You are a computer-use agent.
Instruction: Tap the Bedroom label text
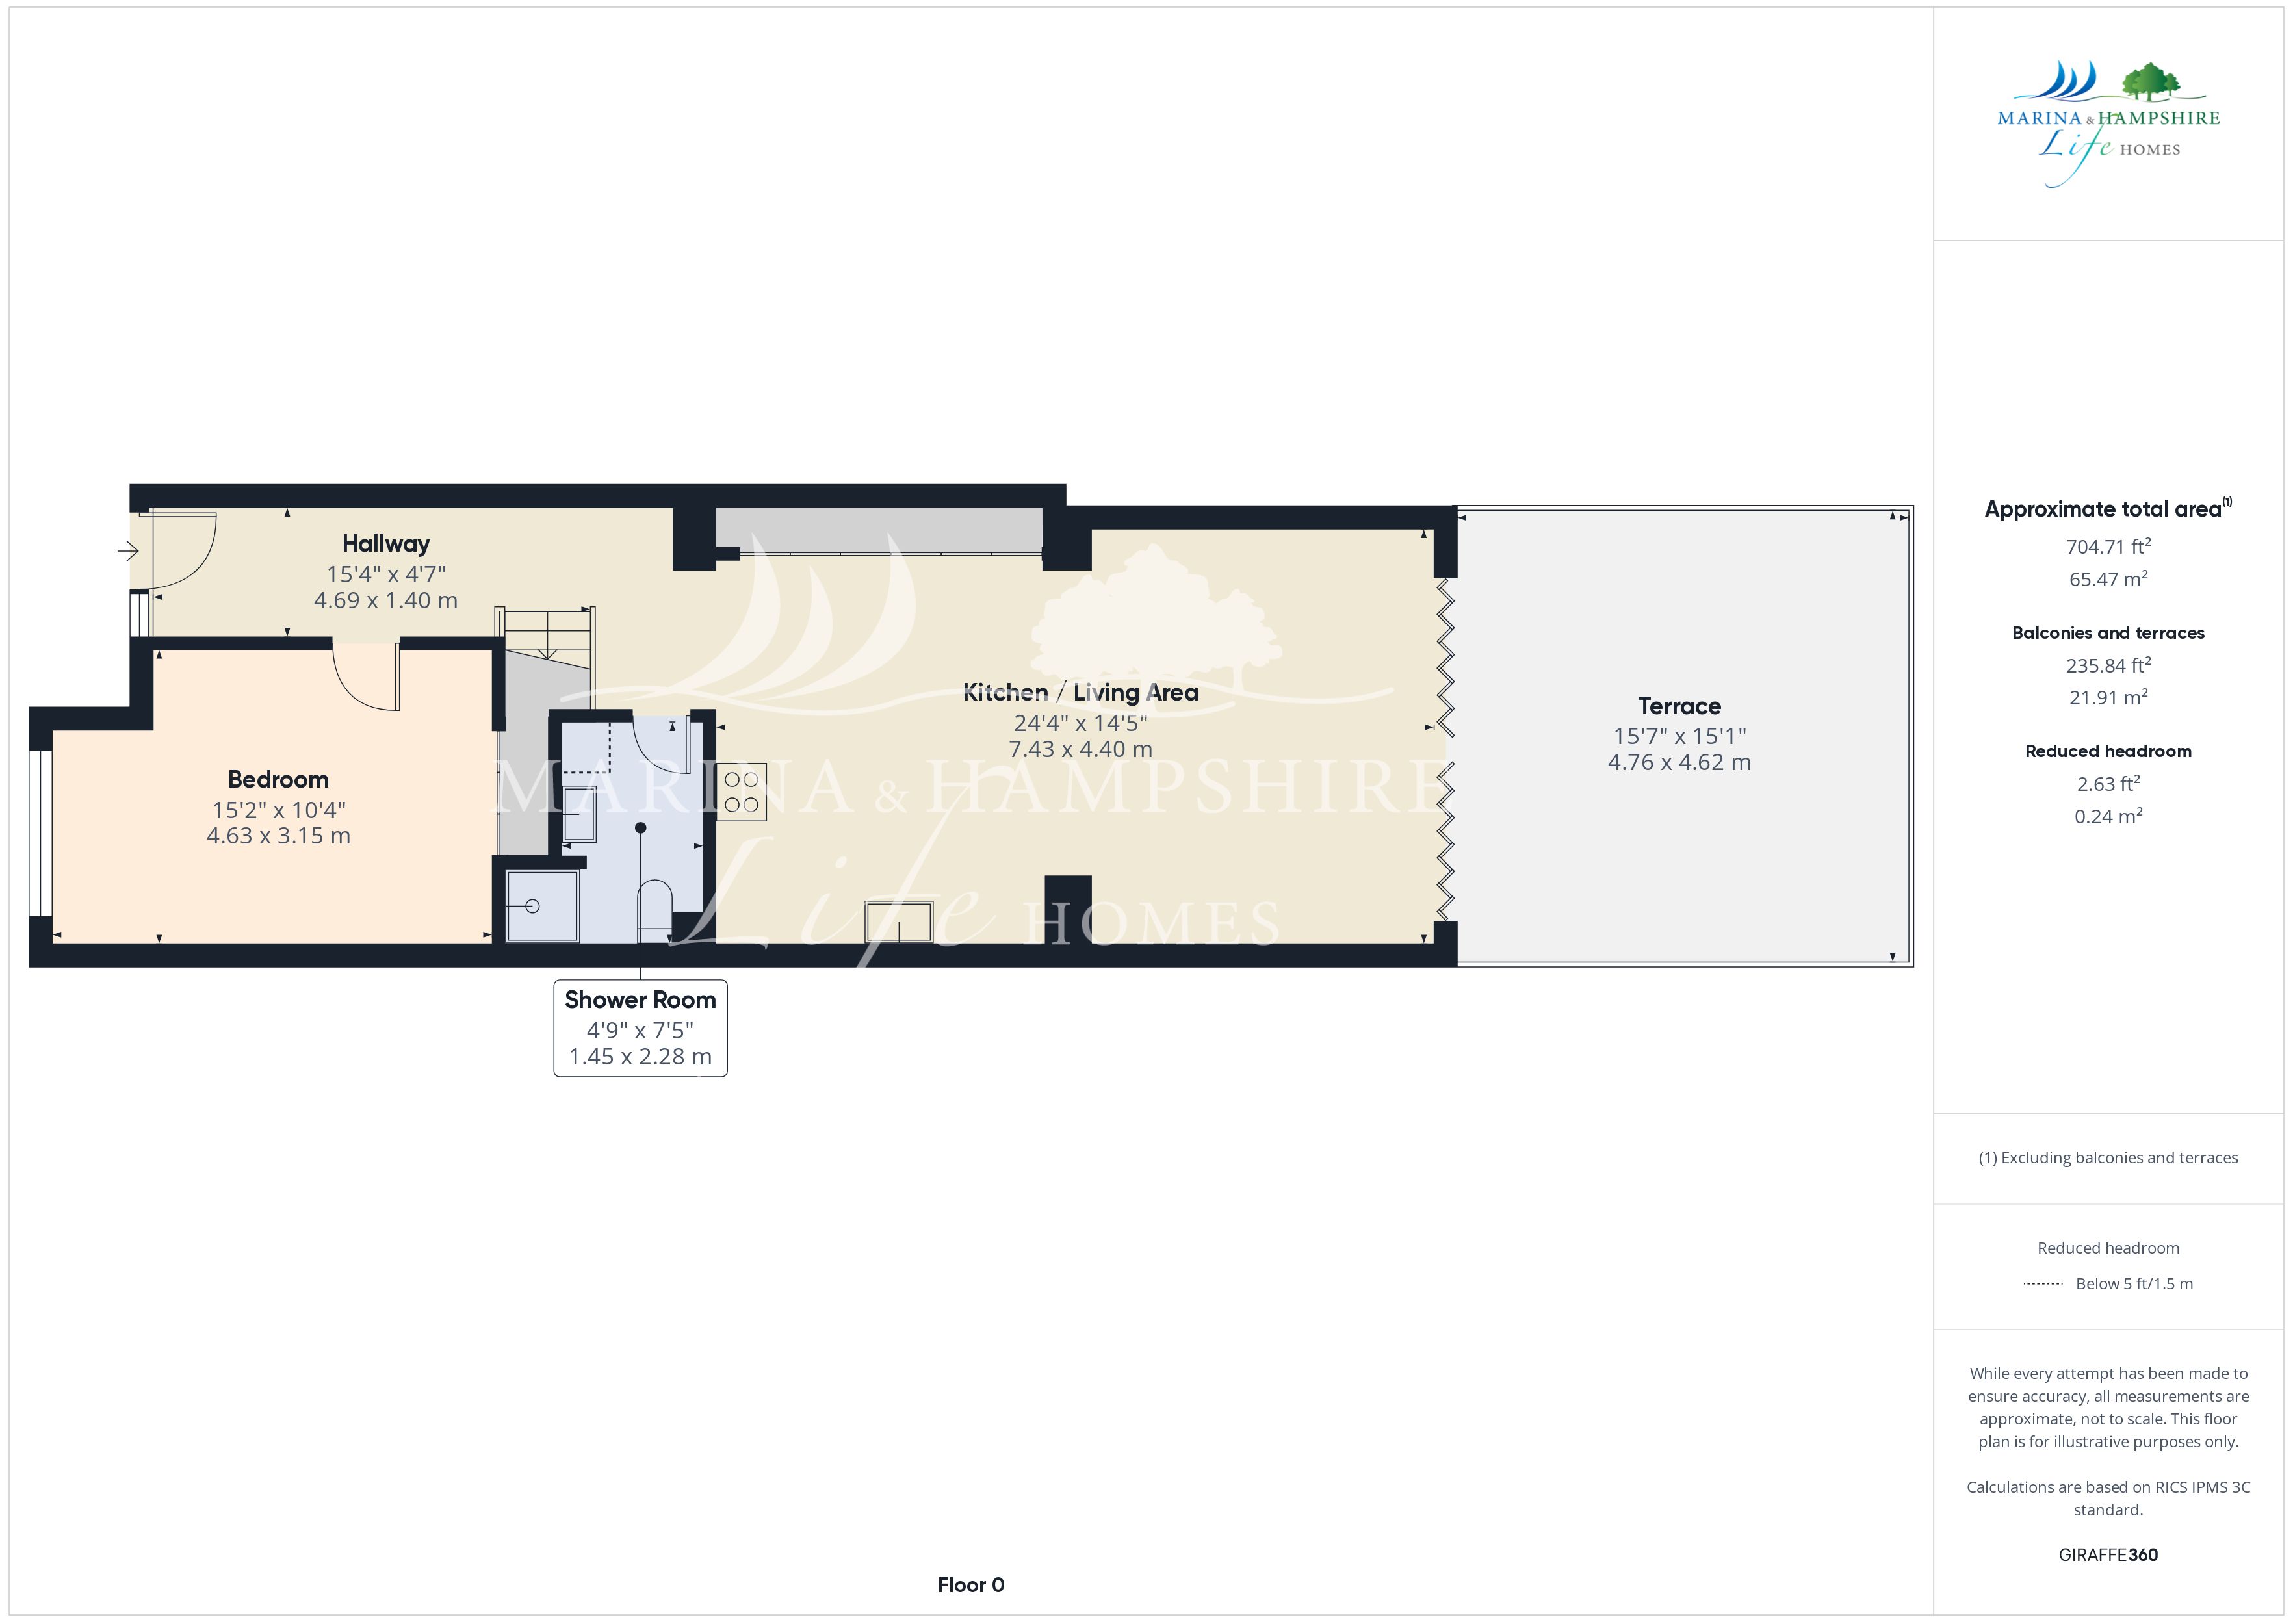click(278, 779)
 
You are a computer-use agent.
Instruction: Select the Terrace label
click(1679, 706)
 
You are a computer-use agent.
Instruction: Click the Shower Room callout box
click(640, 1028)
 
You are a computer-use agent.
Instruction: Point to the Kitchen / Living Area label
click(1080, 692)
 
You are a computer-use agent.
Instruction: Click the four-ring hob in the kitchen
click(741, 792)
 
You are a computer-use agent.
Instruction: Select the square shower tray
click(542, 906)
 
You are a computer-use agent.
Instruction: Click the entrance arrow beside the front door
click(128, 550)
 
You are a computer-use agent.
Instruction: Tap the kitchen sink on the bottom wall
click(899, 921)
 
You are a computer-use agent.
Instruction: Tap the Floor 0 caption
click(971, 1584)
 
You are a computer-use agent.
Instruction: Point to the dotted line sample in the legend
click(2042, 1283)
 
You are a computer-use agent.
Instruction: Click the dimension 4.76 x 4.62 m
click(1679, 762)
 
